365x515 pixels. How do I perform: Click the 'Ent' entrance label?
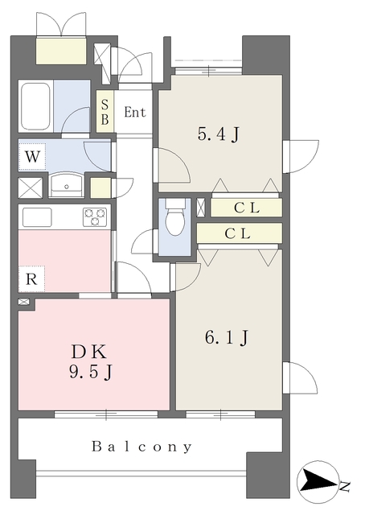click(x=134, y=113)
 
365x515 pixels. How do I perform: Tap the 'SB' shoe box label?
click(x=105, y=112)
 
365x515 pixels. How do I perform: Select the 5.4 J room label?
click(x=219, y=134)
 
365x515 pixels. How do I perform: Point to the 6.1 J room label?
click(x=227, y=337)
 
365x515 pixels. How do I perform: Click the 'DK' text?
click(x=89, y=352)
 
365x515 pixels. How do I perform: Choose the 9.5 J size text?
click(x=91, y=372)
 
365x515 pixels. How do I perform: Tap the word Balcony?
click(x=141, y=447)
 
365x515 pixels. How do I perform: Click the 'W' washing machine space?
click(x=32, y=157)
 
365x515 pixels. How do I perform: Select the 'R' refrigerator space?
click(x=31, y=279)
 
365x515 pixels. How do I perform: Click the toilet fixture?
click(x=174, y=216)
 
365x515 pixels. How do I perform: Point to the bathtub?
click(x=36, y=107)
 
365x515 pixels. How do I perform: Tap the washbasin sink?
click(x=67, y=186)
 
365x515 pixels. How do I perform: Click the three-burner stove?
click(x=95, y=216)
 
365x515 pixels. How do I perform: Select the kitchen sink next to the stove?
click(x=37, y=217)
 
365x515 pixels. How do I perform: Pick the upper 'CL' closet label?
click(x=247, y=208)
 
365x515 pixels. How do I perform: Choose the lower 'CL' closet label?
click(x=238, y=233)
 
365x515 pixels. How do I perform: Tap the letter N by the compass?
click(x=344, y=487)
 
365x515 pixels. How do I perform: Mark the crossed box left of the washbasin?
click(x=31, y=188)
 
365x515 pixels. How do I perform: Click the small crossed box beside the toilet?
click(x=201, y=208)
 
